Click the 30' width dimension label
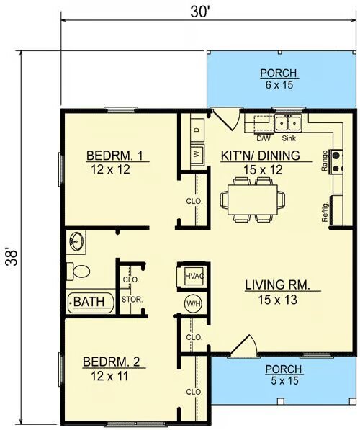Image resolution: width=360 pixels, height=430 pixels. (x=200, y=12)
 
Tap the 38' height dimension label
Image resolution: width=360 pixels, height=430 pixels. (x=12, y=257)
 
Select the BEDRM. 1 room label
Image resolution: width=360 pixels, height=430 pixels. (x=114, y=156)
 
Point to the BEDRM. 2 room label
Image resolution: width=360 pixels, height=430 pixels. (x=111, y=362)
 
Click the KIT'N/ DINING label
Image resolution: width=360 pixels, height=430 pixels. (x=260, y=156)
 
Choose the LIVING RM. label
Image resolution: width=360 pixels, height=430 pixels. (x=277, y=285)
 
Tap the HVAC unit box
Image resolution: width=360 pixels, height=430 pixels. (x=194, y=276)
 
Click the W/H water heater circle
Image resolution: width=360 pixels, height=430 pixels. (x=194, y=303)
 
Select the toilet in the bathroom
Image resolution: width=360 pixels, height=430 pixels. (x=78, y=272)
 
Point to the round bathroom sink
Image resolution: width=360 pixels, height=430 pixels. (x=77, y=241)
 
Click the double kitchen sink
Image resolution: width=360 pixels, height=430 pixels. (x=288, y=123)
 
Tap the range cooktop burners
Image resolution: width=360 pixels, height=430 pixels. (x=336, y=162)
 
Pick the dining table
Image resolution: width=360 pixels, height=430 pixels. (x=253, y=200)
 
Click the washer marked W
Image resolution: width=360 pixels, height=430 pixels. (x=197, y=154)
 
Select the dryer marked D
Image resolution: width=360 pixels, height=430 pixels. (x=197, y=130)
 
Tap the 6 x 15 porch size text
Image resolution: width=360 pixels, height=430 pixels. (x=279, y=85)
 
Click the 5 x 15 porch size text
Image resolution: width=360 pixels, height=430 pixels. (x=284, y=380)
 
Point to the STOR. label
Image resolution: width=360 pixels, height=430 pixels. (x=132, y=300)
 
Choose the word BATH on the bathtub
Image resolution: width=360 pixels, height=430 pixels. (x=89, y=302)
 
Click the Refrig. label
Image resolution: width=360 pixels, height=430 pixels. (x=325, y=212)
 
